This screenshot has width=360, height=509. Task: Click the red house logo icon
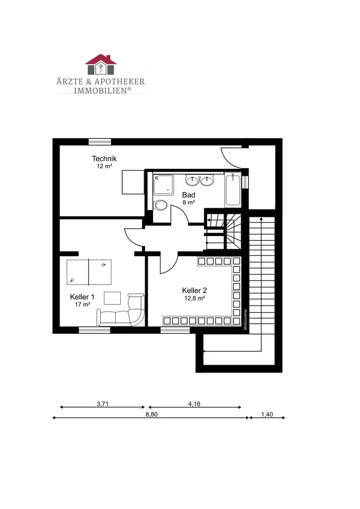coord(101,65)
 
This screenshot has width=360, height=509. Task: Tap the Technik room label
coord(104,158)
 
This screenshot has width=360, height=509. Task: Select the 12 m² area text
coord(104,166)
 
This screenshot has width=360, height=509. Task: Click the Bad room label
coord(188,195)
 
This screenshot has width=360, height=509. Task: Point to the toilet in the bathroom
coord(160,205)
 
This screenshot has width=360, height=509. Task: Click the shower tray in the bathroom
coord(163,185)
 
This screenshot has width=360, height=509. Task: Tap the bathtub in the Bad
coord(233,189)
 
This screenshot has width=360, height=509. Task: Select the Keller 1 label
coord(82,297)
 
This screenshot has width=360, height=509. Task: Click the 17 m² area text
coord(82,304)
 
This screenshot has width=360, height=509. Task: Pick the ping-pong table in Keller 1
coord(89,272)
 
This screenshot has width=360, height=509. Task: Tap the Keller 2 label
coord(195,290)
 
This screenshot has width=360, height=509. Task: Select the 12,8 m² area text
coord(195,298)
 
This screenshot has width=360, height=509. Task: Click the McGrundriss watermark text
coord(245,319)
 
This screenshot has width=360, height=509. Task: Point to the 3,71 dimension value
coord(102,404)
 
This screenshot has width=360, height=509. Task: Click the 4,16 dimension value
coord(194,404)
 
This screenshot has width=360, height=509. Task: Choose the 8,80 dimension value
coord(152,414)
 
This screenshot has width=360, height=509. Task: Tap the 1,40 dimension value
coord(267,414)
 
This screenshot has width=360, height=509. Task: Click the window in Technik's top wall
coord(100,142)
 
